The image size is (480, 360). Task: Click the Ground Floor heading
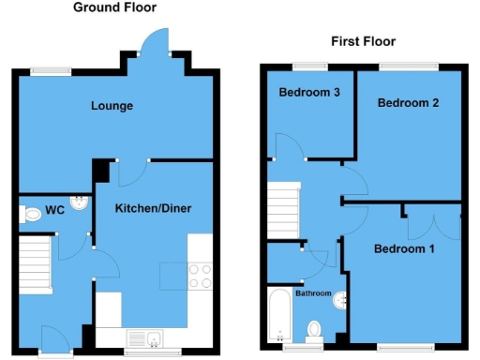[x=116, y=7]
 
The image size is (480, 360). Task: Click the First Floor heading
[x=364, y=41]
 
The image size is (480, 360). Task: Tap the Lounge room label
[x=112, y=106]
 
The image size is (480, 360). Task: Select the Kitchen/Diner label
[x=154, y=208]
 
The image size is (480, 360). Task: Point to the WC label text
[x=55, y=211]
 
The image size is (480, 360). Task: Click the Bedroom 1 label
[x=404, y=249]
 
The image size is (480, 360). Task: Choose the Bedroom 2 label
[x=408, y=104]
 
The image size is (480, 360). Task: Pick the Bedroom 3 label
[x=305, y=92]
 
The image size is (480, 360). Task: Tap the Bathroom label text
[x=314, y=293]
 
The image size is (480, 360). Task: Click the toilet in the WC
[x=30, y=215]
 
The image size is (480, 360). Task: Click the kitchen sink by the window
[x=145, y=337]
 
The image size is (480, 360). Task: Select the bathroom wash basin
[x=344, y=300]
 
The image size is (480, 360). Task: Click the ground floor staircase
[x=36, y=261]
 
